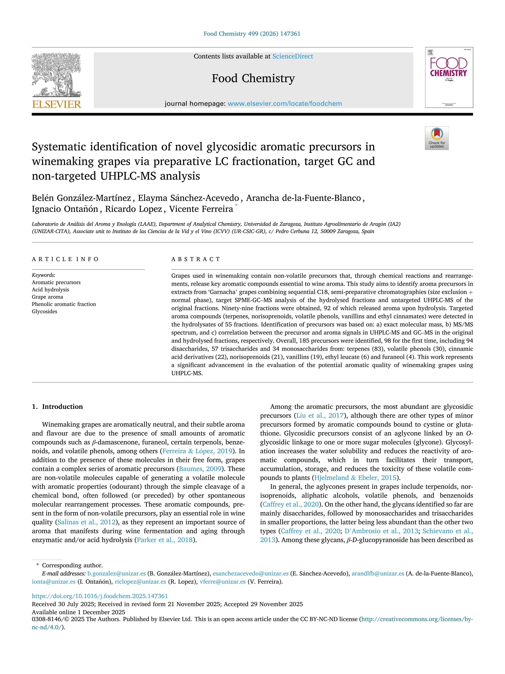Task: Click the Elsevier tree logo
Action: [x=57, y=74]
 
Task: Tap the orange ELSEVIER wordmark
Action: [x=57, y=105]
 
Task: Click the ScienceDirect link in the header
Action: [x=293, y=56]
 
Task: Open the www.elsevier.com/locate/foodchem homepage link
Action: [x=285, y=104]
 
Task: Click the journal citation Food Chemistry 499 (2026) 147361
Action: [x=252, y=34]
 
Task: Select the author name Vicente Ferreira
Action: [x=201, y=209]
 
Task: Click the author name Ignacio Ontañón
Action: [x=65, y=209]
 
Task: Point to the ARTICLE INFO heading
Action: [x=65, y=259]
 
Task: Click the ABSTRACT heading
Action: [x=196, y=259]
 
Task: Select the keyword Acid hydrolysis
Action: [x=50, y=289]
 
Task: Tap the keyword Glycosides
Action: [x=44, y=311]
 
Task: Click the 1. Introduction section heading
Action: [x=58, y=406]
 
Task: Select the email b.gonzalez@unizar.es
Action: [x=117, y=574]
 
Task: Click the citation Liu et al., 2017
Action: [x=320, y=415]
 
